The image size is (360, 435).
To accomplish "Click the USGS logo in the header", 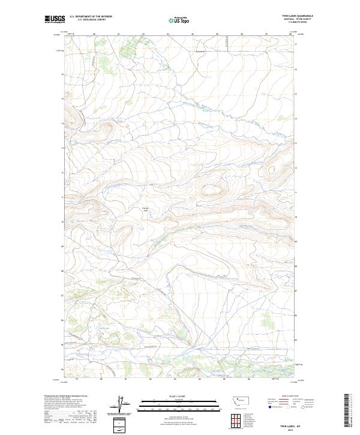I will point(55,19).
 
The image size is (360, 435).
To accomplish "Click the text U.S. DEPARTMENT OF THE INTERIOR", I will point(91,17).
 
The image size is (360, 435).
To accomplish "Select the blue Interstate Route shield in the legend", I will point(270,407).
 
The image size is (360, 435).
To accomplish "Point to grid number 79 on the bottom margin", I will point(77,379).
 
